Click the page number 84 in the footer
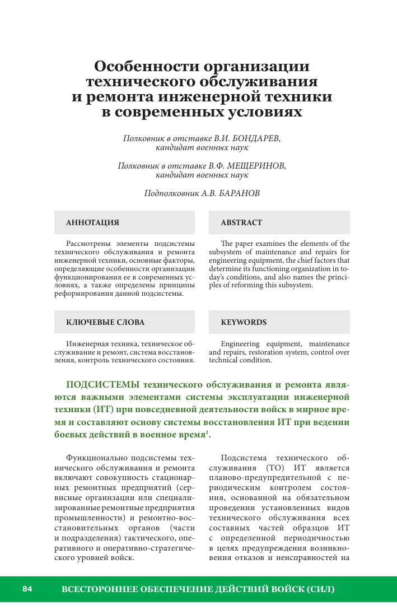[x=27, y=589]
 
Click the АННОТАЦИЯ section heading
[x=92, y=222]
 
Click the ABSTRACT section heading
[x=241, y=222]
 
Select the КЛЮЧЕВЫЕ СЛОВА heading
[x=105, y=322]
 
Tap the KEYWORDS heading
[x=244, y=322]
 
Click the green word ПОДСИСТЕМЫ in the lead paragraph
[x=103, y=384]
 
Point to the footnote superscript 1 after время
[x=207, y=432]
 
